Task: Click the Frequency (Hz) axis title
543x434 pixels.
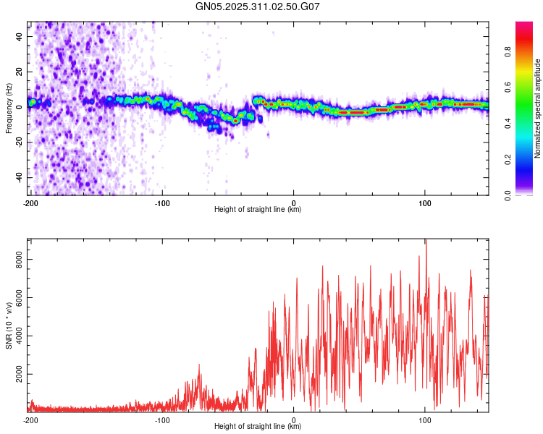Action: (x=8, y=109)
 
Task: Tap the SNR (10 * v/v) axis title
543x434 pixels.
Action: (x=9, y=325)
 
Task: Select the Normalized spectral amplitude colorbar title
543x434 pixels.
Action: (x=537, y=109)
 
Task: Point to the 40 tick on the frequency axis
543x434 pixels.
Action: (x=20, y=36)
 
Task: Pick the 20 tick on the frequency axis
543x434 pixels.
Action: (x=20, y=72)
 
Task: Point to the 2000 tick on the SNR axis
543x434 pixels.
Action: (x=15, y=375)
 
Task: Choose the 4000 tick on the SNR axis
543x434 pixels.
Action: (x=15, y=336)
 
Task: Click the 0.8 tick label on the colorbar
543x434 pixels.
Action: (x=508, y=52)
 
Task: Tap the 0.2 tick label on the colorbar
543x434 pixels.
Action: (x=508, y=159)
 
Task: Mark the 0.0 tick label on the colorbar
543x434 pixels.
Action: (x=508, y=195)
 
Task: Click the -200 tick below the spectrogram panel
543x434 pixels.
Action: (x=30, y=203)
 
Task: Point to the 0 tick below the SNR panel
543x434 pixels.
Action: (x=293, y=420)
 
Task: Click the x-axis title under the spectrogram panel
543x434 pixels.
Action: (x=258, y=210)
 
